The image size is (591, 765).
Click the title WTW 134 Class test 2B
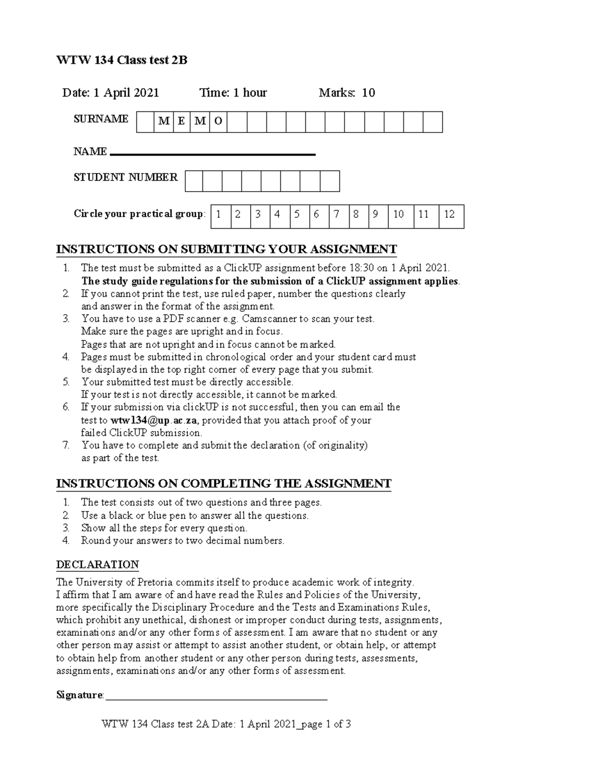122,61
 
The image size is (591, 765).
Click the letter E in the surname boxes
181,122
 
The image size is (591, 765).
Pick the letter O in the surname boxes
218,122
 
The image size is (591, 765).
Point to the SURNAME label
101,119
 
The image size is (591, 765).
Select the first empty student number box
194,181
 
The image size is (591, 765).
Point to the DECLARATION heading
98,565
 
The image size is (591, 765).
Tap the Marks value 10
368,93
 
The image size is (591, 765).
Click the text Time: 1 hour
233,93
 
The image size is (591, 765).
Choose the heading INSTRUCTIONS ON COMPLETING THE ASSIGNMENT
224,483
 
